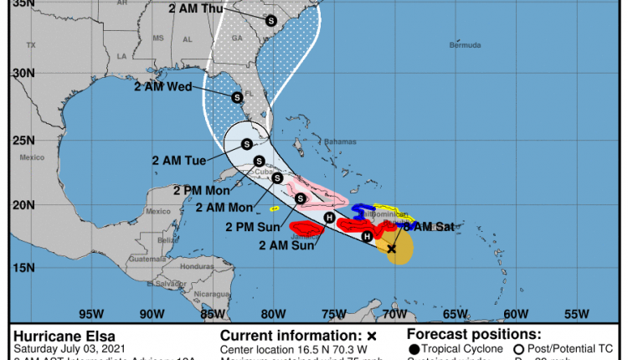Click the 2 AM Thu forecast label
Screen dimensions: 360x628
[x=202, y=9]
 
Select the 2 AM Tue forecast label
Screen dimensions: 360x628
[x=180, y=159]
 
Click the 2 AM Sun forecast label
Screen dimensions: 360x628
[x=287, y=245]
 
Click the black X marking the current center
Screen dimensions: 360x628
[x=392, y=249]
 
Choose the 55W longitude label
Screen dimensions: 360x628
[x=577, y=314]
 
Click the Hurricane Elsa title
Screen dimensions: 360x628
[x=59, y=337]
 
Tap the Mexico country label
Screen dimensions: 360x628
[x=31, y=157]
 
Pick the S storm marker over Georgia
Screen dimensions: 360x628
[x=271, y=21]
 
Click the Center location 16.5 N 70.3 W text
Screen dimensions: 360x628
[x=291, y=348]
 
